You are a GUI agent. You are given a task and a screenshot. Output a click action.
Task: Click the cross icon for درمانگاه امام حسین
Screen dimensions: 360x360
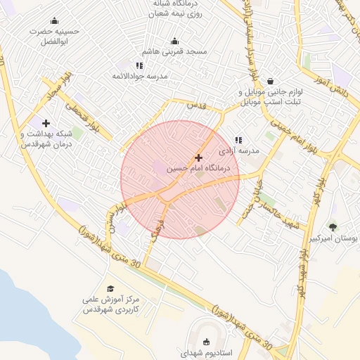coord(199,158)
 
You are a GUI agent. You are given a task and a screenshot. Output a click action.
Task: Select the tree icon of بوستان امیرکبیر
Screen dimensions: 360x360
coord(333,226)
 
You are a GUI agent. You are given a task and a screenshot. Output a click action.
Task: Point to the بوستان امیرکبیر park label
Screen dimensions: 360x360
coord(334,238)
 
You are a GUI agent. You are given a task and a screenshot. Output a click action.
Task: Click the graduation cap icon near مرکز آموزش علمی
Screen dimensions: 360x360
coord(110,288)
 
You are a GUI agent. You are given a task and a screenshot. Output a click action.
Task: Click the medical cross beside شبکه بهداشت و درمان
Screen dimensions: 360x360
coord(46,123)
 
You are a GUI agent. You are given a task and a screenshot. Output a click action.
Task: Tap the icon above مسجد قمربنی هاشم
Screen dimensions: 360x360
coord(174,41)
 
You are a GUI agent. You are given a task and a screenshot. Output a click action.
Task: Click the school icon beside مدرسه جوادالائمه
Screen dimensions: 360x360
coord(139,65)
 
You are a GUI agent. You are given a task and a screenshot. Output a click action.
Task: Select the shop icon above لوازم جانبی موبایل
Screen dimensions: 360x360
coord(271,81)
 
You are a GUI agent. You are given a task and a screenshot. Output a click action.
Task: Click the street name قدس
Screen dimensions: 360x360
coord(196,105)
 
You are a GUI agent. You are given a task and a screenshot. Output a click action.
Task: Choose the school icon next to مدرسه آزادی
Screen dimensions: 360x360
coord(239,141)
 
